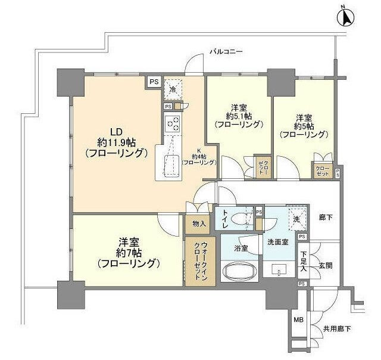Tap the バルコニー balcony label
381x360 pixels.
coord(226,52)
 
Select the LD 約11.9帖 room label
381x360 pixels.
coord(116,142)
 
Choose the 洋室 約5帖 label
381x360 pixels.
coord(304,125)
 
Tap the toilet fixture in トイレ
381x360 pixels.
coord(241,219)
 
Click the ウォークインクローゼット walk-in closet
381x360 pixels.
coord(196,262)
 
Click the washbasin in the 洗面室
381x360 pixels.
coord(280,270)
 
